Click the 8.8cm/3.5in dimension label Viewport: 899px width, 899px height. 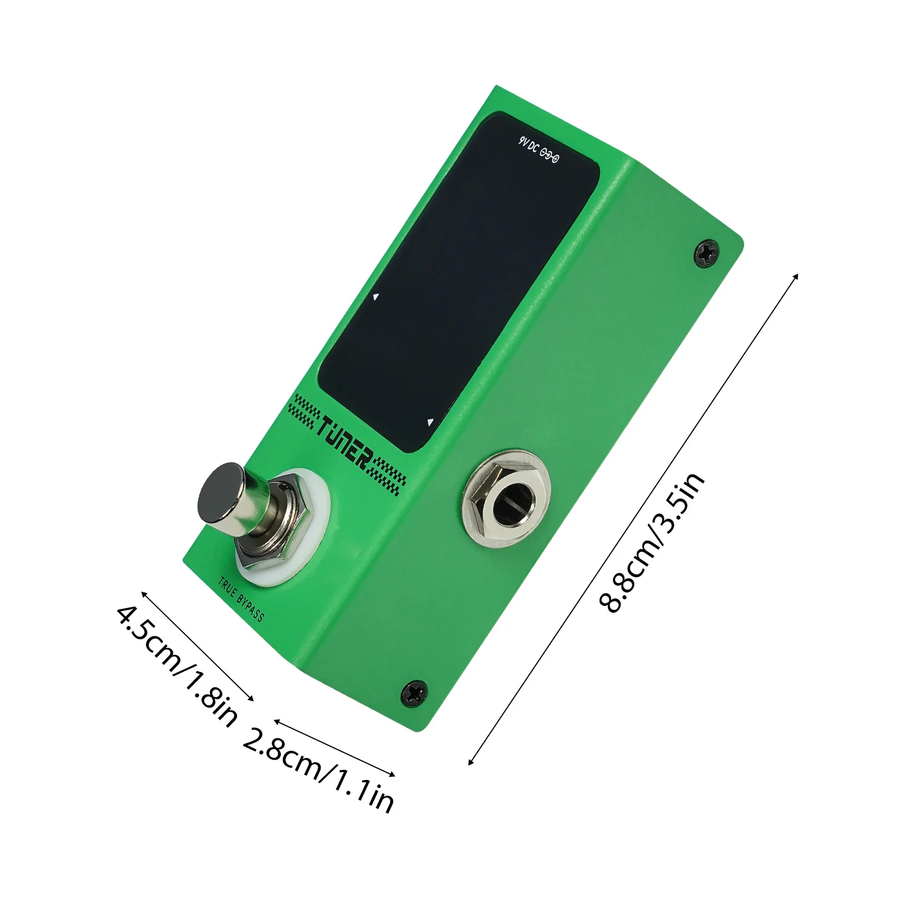[x=651, y=542]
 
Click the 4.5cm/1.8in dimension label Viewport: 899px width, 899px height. [x=177, y=666]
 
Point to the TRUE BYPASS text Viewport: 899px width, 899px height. [x=241, y=600]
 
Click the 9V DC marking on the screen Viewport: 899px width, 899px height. [x=528, y=145]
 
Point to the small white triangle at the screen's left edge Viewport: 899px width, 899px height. [x=376, y=296]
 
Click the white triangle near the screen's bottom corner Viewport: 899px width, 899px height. [x=430, y=422]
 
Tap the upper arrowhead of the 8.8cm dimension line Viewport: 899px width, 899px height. [x=795, y=275]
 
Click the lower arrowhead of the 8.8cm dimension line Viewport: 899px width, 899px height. [x=471, y=761]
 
